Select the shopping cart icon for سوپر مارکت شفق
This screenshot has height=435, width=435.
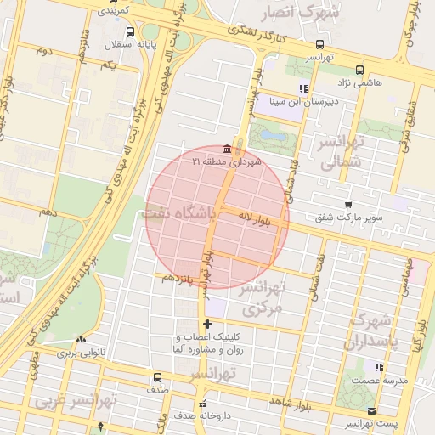348,205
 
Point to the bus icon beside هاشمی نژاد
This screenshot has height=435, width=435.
359,71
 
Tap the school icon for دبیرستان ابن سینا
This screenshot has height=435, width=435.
302,88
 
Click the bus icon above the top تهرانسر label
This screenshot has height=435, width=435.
319,44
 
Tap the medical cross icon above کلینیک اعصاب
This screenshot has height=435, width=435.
208,324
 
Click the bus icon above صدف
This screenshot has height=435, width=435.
157,378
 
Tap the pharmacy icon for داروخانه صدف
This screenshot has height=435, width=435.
201,404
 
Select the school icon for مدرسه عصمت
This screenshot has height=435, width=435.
379,368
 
